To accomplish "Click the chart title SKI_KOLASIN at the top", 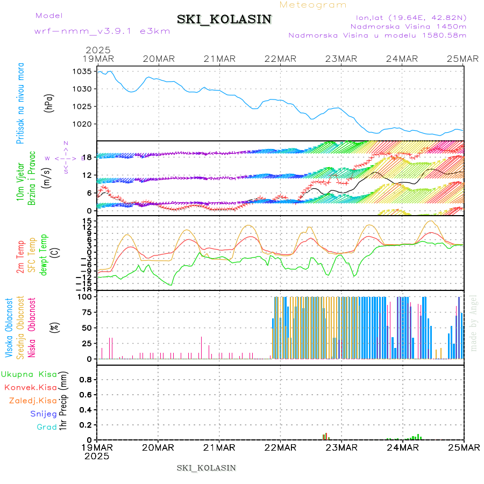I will [x=224, y=19].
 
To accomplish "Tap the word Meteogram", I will [x=314, y=5].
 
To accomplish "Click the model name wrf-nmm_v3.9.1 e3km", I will [x=102, y=31].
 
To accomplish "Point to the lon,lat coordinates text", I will [x=408, y=17].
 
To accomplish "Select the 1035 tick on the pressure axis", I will [x=83, y=72].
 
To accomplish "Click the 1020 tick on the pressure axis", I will [x=83, y=124].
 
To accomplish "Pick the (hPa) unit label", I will [x=49, y=103].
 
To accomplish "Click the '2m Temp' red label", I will [x=20, y=257].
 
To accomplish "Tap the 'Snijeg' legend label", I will [x=44, y=414].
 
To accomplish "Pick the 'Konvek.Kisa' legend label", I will [x=30, y=387].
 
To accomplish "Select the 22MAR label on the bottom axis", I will [x=281, y=447].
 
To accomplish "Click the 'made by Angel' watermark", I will [x=474, y=323].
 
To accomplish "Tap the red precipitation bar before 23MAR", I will [x=326, y=436].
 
